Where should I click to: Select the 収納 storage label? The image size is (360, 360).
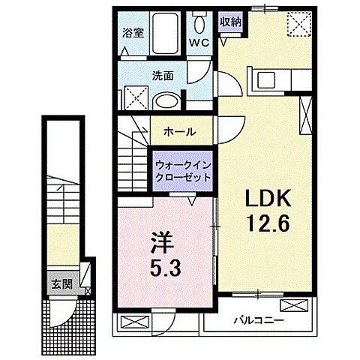point(230,22)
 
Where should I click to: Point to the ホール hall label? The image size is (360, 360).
point(179,130)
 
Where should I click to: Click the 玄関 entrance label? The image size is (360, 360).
point(61,285)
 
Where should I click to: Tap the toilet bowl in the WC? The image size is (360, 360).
point(198,22)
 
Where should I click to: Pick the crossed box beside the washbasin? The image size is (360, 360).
point(134,99)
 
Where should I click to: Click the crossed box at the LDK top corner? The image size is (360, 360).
point(302,26)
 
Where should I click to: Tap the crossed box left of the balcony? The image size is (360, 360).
point(132,322)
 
